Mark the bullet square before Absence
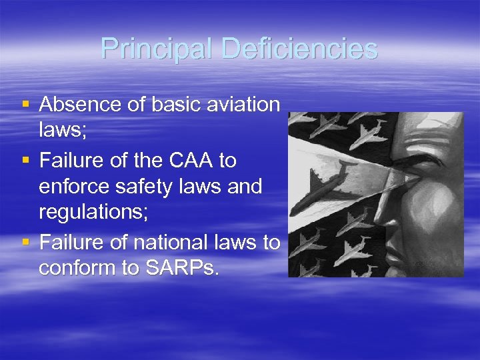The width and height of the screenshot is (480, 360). (25, 105)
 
